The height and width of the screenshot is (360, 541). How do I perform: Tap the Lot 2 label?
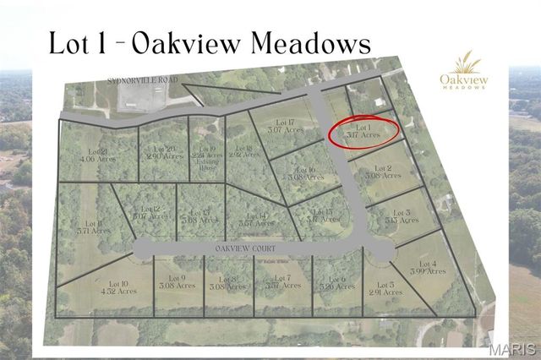tap(381, 172)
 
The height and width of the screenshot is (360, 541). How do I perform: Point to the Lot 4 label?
tap(428, 267)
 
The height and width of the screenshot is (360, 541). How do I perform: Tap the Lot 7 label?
tap(282, 281)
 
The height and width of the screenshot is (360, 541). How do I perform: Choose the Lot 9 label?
tap(176, 282)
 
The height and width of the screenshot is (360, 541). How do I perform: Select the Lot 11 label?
tap(94, 226)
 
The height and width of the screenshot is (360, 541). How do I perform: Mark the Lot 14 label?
tap(257, 221)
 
